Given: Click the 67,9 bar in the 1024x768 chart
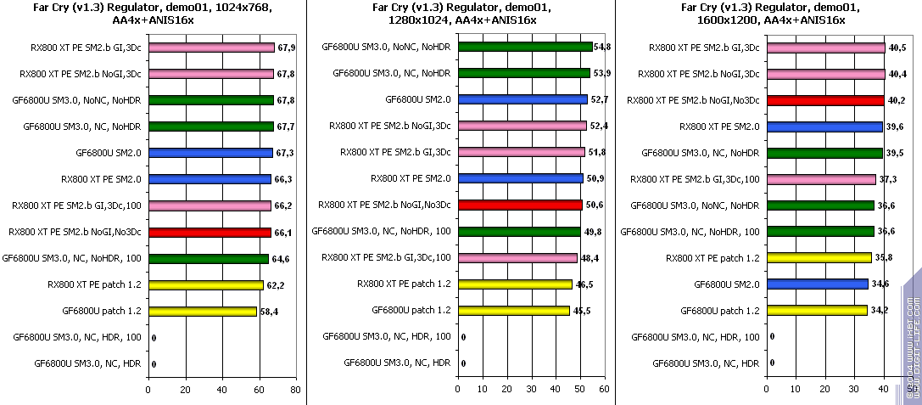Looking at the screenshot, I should coord(211,48).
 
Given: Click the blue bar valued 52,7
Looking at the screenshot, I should coord(522,99).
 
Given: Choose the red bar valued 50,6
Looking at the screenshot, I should coord(519,205).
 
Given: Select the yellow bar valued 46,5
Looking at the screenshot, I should coord(514,284).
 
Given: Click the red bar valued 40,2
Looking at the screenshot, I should coord(824,100).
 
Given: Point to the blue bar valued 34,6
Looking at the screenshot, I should coord(817,284).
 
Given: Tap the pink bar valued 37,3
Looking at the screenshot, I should coord(820,179).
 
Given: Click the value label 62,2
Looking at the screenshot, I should coord(275,285).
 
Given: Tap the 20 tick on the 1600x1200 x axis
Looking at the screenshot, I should coord(824,390).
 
